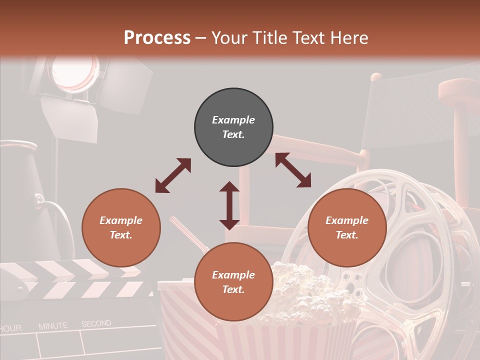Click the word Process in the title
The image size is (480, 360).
157,38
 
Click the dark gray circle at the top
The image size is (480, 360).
233,127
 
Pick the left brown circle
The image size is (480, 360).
121,227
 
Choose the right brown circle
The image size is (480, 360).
347,227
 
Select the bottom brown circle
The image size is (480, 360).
233,282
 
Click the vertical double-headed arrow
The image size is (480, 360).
229,205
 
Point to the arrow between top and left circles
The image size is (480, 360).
173,175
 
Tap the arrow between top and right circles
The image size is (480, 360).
293,170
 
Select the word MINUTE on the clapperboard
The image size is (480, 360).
53,326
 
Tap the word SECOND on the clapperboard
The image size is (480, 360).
96,324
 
